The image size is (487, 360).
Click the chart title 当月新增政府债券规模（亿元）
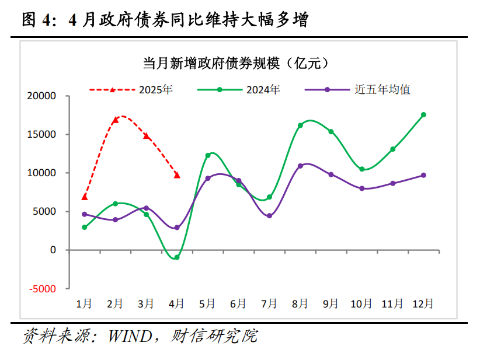pyautogui.click(x=240, y=62)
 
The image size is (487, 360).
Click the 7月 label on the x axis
pyautogui.click(x=269, y=303)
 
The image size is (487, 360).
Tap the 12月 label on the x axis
pyautogui.click(x=423, y=303)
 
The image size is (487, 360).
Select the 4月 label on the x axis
pyautogui.click(x=176, y=303)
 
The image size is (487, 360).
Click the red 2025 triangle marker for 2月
pyautogui.click(x=116, y=120)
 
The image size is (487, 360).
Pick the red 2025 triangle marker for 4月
pyautogui.click(x=177, y=175)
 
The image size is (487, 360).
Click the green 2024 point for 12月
pyautogui.click(x=423, y=115)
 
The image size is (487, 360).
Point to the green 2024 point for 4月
pyautogui.click(x=177, y=257)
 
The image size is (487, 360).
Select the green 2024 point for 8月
pyautogui.click(x=300, y=125)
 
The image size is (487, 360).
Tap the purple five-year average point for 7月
pyautogui.click(x=269, y=216)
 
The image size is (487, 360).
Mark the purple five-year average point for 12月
pyautogui.click(x=423, y=175)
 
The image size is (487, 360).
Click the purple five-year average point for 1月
pyautogui.click(x=85, y=214)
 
